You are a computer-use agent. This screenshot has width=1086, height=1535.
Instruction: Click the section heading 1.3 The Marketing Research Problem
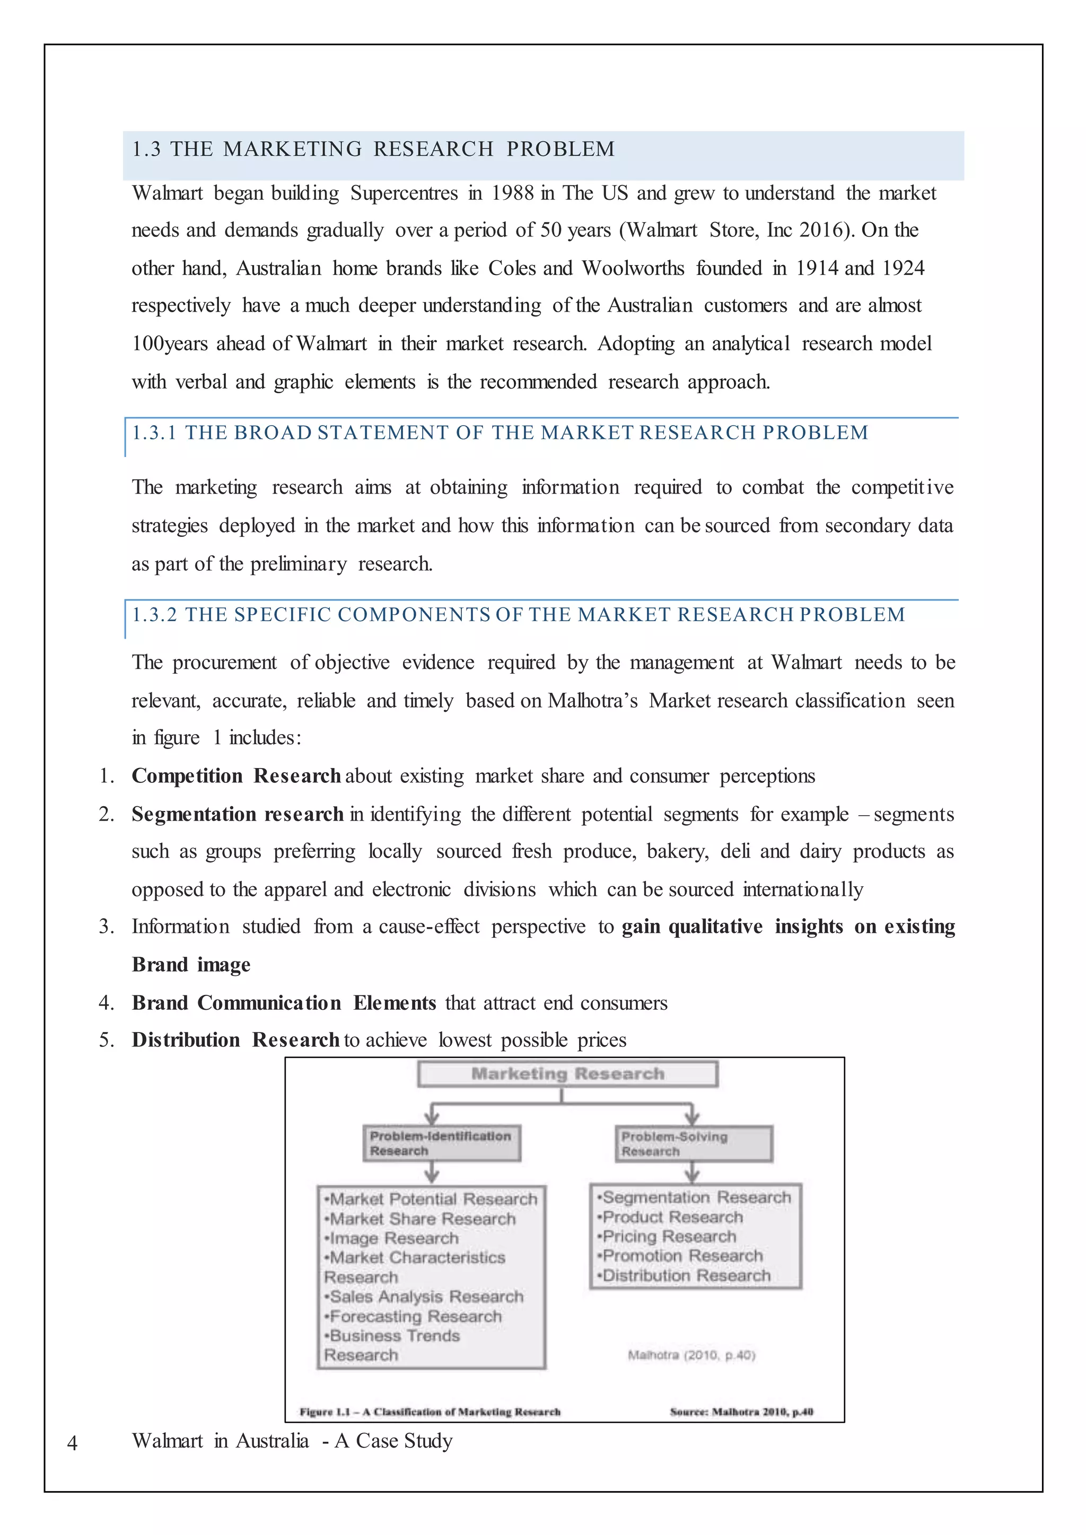click(373, 149)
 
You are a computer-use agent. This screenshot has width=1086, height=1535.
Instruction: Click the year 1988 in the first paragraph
click(512, 193)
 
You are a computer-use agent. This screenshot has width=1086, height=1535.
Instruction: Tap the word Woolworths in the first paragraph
click(633, 269)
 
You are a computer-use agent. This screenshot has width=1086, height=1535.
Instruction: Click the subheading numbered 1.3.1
click(500, 433)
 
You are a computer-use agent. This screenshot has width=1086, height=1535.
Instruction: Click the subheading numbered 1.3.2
click(518, 615)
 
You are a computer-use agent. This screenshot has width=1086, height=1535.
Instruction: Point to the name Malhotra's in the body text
click(592, 701)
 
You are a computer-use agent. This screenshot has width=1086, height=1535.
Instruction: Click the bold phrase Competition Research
click(236, 776)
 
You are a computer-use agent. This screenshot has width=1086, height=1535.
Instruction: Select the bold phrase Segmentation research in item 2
click(238, 814)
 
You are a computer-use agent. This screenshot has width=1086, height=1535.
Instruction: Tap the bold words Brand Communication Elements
click(284, 1003)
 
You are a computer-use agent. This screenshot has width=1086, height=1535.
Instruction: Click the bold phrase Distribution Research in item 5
click(235, 1040)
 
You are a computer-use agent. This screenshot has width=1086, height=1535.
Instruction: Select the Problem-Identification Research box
click(441, 1143)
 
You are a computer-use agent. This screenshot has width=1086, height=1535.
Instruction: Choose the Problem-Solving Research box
click(694, 1144)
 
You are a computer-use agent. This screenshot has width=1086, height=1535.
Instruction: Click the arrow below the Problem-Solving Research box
click(692, 1172)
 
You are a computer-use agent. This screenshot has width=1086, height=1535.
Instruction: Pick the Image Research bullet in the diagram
click(393, 1239)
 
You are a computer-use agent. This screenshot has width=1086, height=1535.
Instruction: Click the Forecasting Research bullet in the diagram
click(415, 1317)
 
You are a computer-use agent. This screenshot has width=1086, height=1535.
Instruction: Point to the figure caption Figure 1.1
click(430, 1412)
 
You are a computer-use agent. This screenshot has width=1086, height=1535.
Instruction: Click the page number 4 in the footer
click(72, 1443)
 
